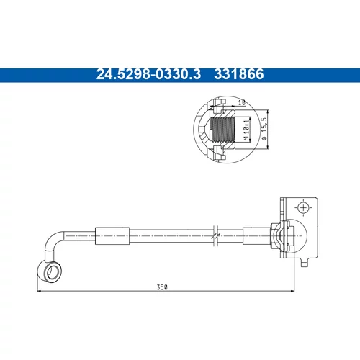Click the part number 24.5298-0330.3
click(148, 74)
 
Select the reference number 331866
click(239, 74)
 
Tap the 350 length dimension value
click(162, 287)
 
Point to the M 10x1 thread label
click(246, 130)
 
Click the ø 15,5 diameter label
click(264, 129)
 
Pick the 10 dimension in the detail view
click(242, 102)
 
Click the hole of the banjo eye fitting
click(52, 273)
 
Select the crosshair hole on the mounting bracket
click(303, 207)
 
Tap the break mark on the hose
click(215, 236)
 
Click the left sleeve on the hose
click(112, 236)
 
